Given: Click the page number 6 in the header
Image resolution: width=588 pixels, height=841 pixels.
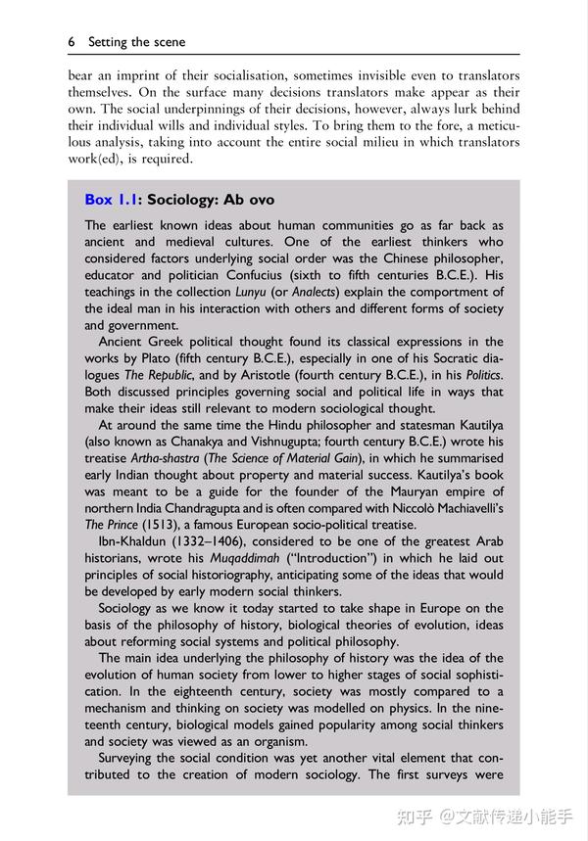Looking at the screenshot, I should click(72, 42).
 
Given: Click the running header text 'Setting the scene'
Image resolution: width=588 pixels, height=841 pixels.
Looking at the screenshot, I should click(136, 42).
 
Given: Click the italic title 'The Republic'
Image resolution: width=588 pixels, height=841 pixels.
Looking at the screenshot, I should click(158, 376).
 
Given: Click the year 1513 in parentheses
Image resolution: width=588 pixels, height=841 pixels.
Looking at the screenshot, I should click(166, 526).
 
